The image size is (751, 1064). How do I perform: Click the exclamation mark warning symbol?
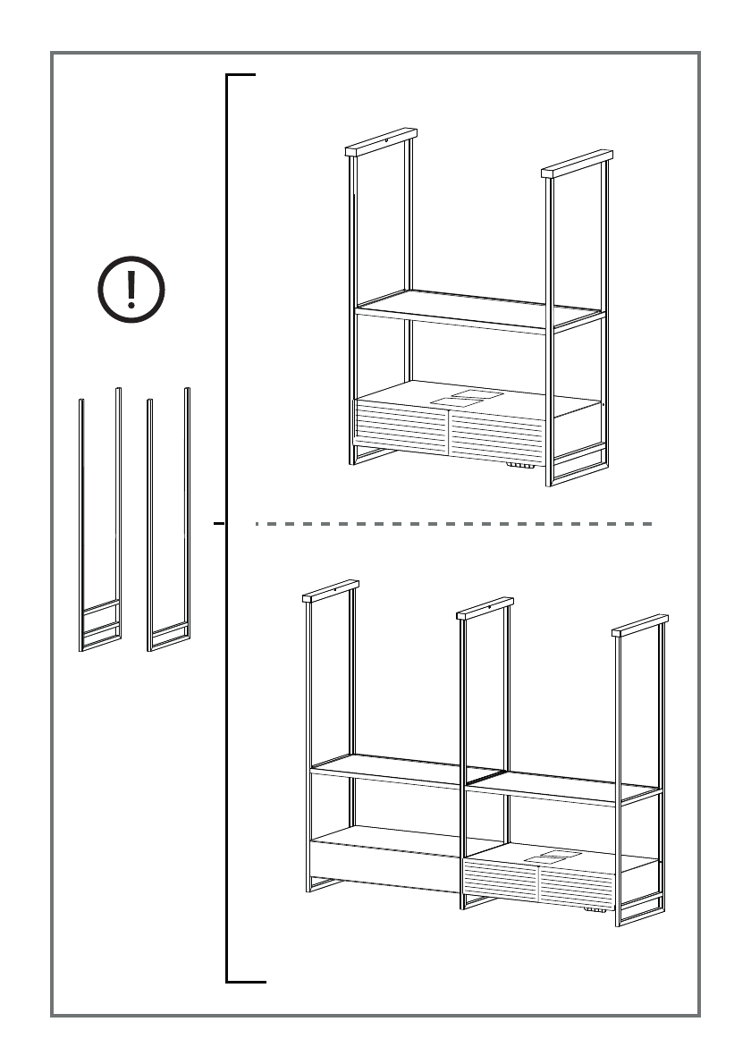pos(131,290)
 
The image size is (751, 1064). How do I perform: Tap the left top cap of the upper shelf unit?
pos(382,142)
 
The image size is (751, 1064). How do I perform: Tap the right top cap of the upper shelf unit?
pos(578,163)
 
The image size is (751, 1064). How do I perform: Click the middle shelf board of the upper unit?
pos(474,308)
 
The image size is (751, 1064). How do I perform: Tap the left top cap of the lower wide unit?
pos(331,590)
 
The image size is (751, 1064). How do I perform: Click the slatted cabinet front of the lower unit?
pos(536,885)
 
